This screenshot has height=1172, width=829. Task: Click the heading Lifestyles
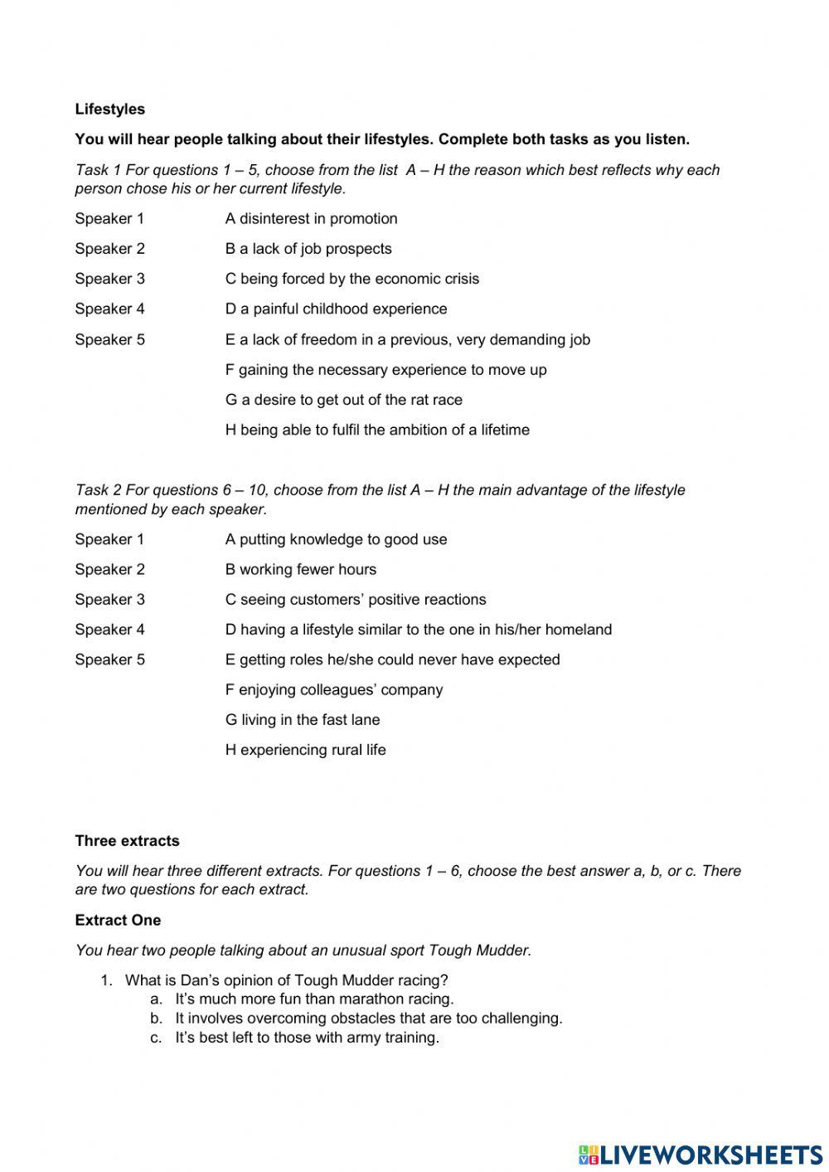pyautogui.click(x=109, y=109)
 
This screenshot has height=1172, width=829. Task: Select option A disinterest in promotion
pyautogui.click(x=311, y=219)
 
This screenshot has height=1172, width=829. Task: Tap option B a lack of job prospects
pyautogui.click(x=308, y=249)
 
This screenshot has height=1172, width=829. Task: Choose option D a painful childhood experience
pyautogui.click(x=336, y=309)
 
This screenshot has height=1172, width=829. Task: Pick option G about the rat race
pyautogui.click(x=343, y=400)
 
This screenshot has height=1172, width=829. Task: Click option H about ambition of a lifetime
pyautogui.click(x=377, y=430)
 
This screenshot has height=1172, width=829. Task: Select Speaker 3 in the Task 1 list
pyautogui.click(x=109, y=279)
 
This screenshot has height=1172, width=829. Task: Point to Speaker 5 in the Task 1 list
pyautogui.click(x=109, y=339)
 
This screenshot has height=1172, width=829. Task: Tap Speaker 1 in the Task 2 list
pyautogui.click(x=109, y=539)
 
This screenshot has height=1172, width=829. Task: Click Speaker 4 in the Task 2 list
pyautogui.click(x=109, y=630)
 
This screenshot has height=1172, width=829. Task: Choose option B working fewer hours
pyautogui.click(x=300, y=570)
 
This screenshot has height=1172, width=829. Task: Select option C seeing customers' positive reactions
pyautogui.click(x=356, y=600)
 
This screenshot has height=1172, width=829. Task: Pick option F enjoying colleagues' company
pyautogui.click(x=334, y=690)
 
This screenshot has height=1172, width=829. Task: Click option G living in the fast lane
pyautogui.click(x=303, y=720)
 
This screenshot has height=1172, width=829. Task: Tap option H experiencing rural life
pyautogui.click(x=305, y=750)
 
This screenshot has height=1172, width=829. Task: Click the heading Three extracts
pyautogui.click(x=127, y=841)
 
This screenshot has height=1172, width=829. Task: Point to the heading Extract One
pyautogui.click(x=118, y=921)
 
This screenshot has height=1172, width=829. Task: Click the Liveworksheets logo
pyautogui.click(x=700, y=1154)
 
